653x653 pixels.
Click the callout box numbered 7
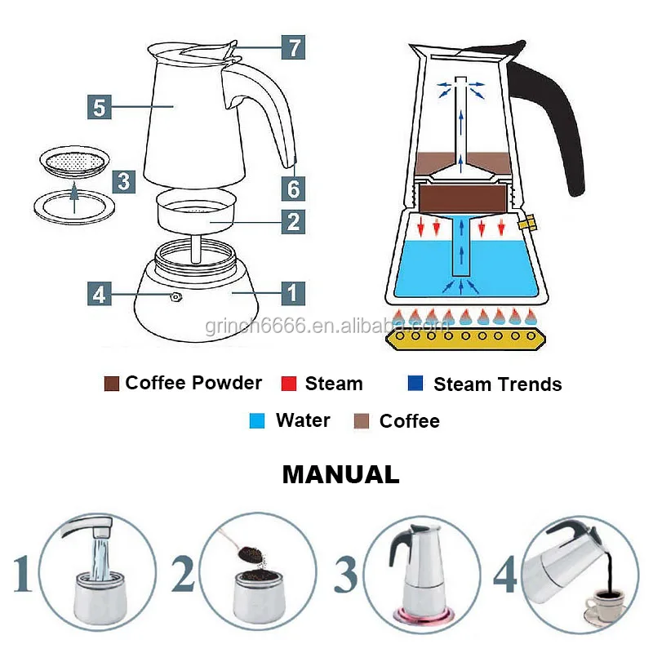tap(294, 47)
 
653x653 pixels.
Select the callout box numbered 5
tap(99, 106)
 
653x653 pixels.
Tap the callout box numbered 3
tap(122, 180)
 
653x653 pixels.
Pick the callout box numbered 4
tap(99, 293)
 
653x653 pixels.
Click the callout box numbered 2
tap(293, 221)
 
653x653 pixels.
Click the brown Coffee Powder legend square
tap(112, 383)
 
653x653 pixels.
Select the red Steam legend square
tap(288, 384)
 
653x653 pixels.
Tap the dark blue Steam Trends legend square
tap(415, 384)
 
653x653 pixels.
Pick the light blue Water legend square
tap(257, 421)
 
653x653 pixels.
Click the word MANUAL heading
tap(340, 474)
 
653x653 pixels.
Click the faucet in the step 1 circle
tap(86, 530)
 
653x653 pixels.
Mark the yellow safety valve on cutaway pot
tap(528, 222)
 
